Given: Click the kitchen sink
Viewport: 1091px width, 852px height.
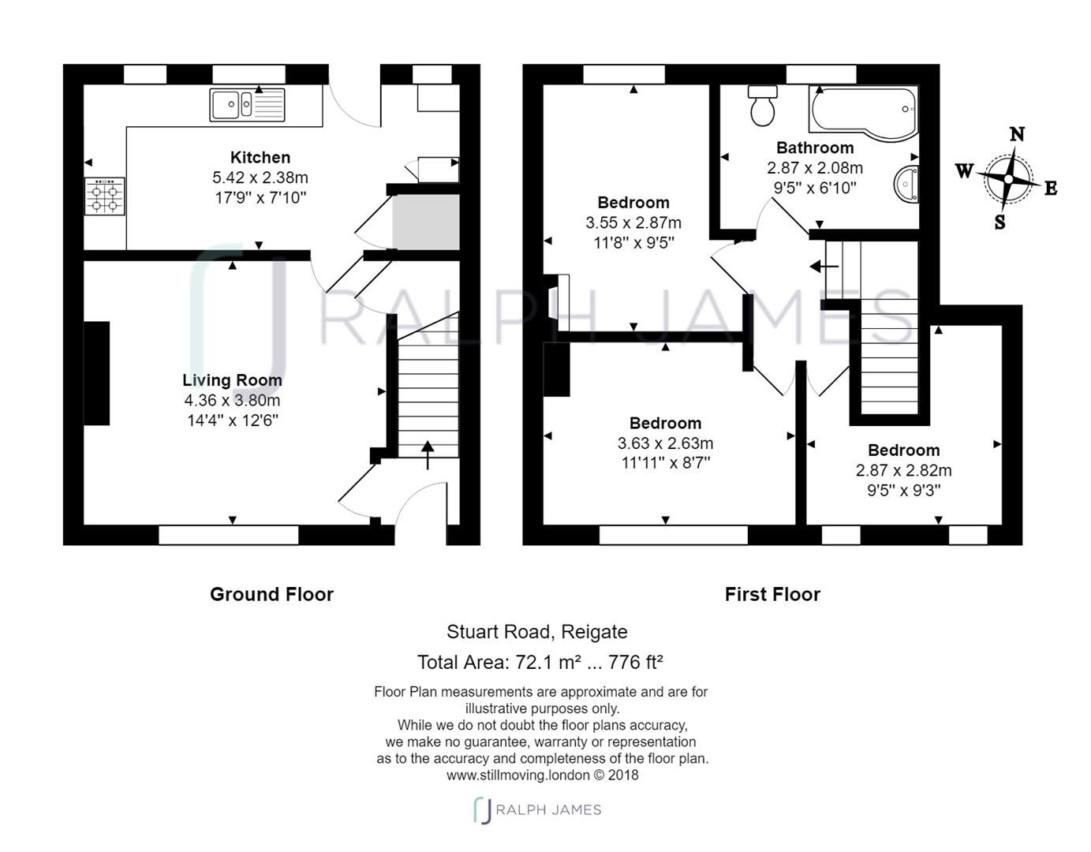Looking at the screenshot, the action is [x=247, y=105].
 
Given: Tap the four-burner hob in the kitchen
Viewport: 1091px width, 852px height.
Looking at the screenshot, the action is [x=104, y=196].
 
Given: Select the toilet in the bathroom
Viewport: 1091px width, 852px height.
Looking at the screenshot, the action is [x=762, y=106].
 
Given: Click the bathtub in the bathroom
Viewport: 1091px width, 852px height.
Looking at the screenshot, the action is [x=863, y=111].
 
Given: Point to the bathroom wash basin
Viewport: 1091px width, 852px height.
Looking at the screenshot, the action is [x=906, y=185].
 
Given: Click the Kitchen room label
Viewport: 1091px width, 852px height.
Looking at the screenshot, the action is [x=260, y=157].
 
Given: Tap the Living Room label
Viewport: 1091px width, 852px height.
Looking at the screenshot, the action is [x=232, y=380].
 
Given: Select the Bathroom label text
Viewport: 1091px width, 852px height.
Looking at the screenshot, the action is [x=815, y=148].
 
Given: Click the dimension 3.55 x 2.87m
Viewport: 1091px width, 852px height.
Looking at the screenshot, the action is [x=633, y=222].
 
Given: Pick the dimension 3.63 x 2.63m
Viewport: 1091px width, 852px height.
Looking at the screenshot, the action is [x=665, y=443].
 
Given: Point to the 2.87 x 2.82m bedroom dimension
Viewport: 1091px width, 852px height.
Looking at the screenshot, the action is [x=904, y=470].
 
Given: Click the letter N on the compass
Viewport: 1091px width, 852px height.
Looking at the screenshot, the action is [x=1017, y=134].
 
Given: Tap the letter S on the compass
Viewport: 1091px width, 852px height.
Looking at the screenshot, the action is [x=999, y=222].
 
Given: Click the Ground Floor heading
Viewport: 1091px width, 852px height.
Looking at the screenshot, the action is [x=271, y=595].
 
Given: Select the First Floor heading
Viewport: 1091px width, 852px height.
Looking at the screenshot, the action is [x=772, y=595].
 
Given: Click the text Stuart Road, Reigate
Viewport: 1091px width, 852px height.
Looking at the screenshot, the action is [x=537, y=632].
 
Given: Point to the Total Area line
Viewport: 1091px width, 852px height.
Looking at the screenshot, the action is [x=540, y=662].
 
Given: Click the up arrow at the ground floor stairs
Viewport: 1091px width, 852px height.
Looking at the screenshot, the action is [x=428, y=455].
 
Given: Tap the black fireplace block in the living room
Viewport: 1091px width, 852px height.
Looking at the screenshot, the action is [x=96, y=373].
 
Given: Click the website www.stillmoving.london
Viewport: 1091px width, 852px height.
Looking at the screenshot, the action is [x=518, y=775].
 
